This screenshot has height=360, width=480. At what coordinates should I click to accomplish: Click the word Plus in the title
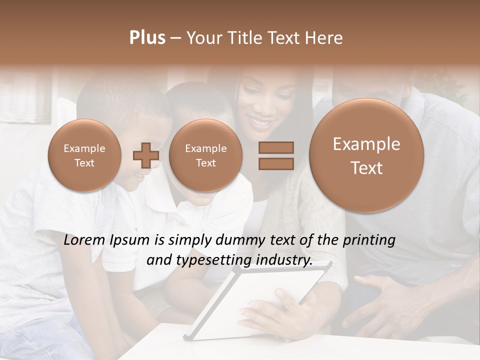click(x=147, y=38)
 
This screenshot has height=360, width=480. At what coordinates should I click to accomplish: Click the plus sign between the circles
click(x=145, y=155)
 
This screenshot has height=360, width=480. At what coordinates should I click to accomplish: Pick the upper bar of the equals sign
click(x=276, y=147)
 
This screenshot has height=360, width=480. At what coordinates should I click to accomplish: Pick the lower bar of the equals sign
click(x=276, y=163)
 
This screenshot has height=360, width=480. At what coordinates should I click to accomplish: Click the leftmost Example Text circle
click(x=84, y=155)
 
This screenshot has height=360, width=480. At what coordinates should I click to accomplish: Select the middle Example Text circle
click(x=205, y=155)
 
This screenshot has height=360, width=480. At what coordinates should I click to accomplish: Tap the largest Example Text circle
click(x=366, y=155)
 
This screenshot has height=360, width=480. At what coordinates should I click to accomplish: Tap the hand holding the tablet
click(x=280, y=310)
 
